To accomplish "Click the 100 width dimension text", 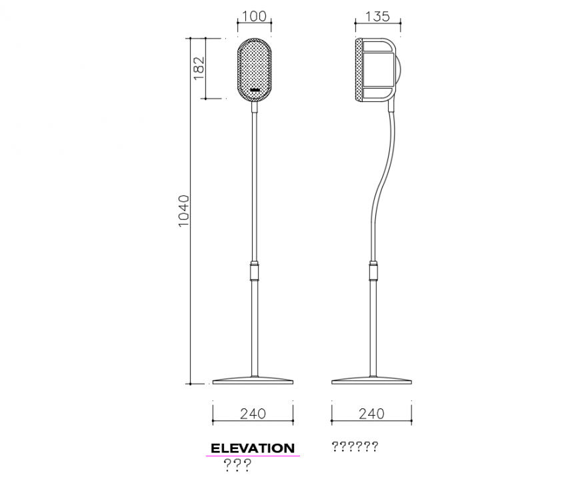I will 253,16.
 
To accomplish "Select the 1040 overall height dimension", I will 185,211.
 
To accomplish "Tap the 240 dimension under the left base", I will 253,414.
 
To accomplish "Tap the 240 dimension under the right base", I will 371,414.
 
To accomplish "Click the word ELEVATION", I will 253,448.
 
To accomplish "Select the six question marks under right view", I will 355,446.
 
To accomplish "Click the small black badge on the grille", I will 255,89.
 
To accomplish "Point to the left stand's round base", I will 253,381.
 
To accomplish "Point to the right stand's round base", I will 372,381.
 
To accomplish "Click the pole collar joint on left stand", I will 253,271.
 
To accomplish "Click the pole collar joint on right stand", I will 373,272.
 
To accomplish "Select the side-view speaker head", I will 378,71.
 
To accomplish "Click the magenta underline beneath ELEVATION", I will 253,456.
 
